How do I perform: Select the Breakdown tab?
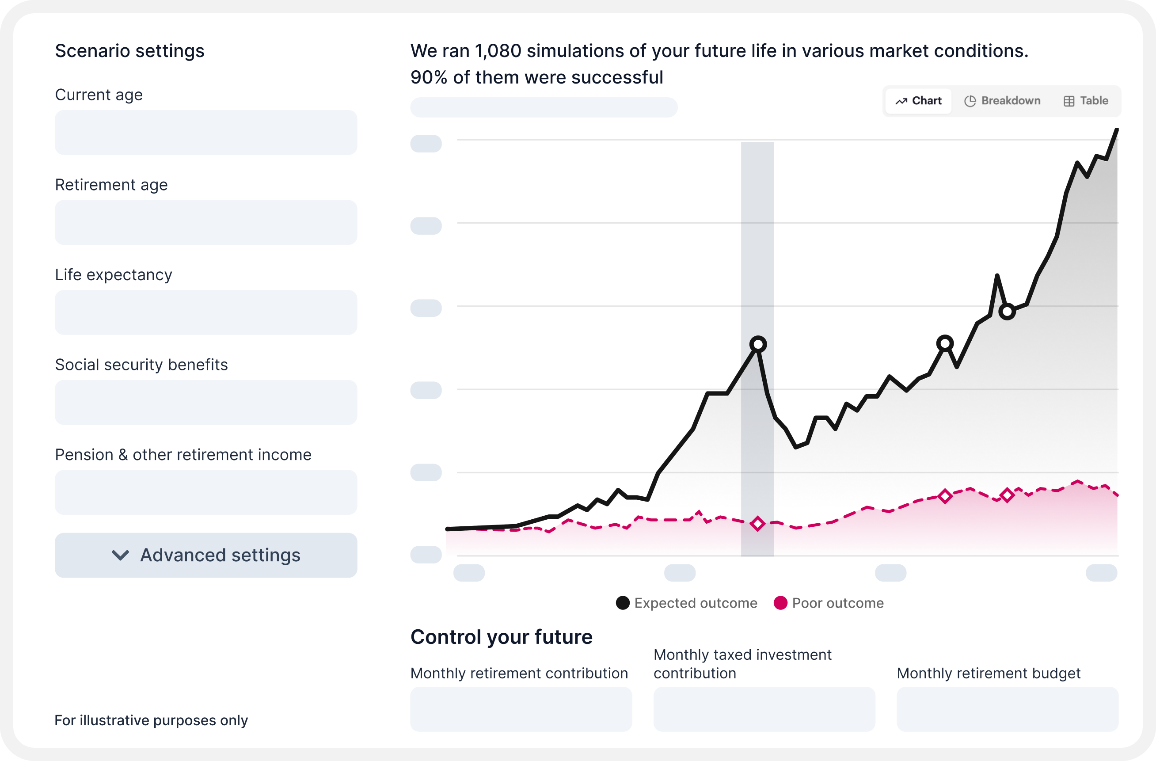pyautogui.click(x=1002, y=101)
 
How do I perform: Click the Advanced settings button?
pyautogui.click(x=206, y=555)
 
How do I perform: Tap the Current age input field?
pyautogui.click(x=206, y=133)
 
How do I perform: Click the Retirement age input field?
pyautogui.click(x=206, y=222)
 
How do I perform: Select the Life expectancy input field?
pyautogui.click(x=206, y=312)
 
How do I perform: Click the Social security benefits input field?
pyautogui.click(x=206, y=402)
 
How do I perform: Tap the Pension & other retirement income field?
pyautogui.click(x=206, y=492)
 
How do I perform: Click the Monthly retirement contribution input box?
pyautogui.click(x=521, y=708)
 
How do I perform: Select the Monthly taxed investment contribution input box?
pyautogui.click(x=764, y=708)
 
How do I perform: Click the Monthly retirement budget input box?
pyautogui.click(x=1008, y=708)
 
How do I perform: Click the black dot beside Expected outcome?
pyautogui.click(x=623, y=603)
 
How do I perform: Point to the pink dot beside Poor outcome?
pyautogui.click(x=780, y=603)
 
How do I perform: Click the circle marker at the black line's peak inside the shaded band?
pyautogui.click(x=758, y=344)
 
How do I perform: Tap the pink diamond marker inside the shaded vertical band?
pyautogui.click(x=757, y=524)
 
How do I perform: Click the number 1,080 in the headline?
pyautogui.click(x=498, y=51)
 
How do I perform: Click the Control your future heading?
pyautogui.click(x=501, y=637)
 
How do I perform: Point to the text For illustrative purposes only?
pyautogui.click(x=151, y=720)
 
